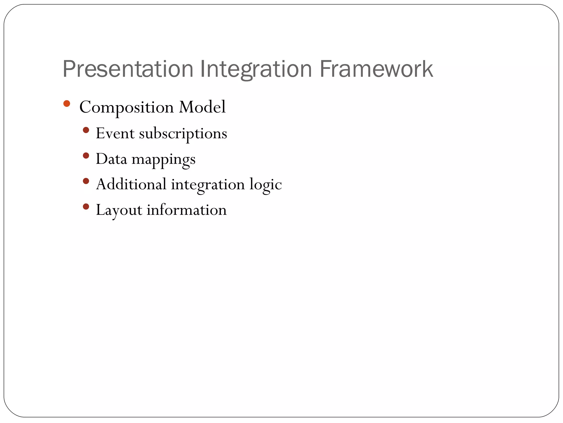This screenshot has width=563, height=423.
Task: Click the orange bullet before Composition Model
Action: point(67,104)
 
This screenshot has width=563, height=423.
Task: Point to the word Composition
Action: point(126,107)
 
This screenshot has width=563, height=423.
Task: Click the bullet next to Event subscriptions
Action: point(86,130)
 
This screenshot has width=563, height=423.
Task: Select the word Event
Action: point(115,133)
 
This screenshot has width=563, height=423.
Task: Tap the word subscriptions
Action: point(183,134)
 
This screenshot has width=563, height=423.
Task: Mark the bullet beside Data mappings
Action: point(86,156)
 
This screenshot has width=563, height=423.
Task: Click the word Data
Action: point(111,159)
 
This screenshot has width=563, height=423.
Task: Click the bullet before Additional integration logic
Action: point(86,181)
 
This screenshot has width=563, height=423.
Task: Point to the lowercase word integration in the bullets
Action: point(208,185)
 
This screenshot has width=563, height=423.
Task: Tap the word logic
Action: point(266,185)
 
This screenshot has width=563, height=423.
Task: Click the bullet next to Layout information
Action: point(86,207)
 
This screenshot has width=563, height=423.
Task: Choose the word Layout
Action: point(119,210)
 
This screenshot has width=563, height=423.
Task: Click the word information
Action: point(187,210)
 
